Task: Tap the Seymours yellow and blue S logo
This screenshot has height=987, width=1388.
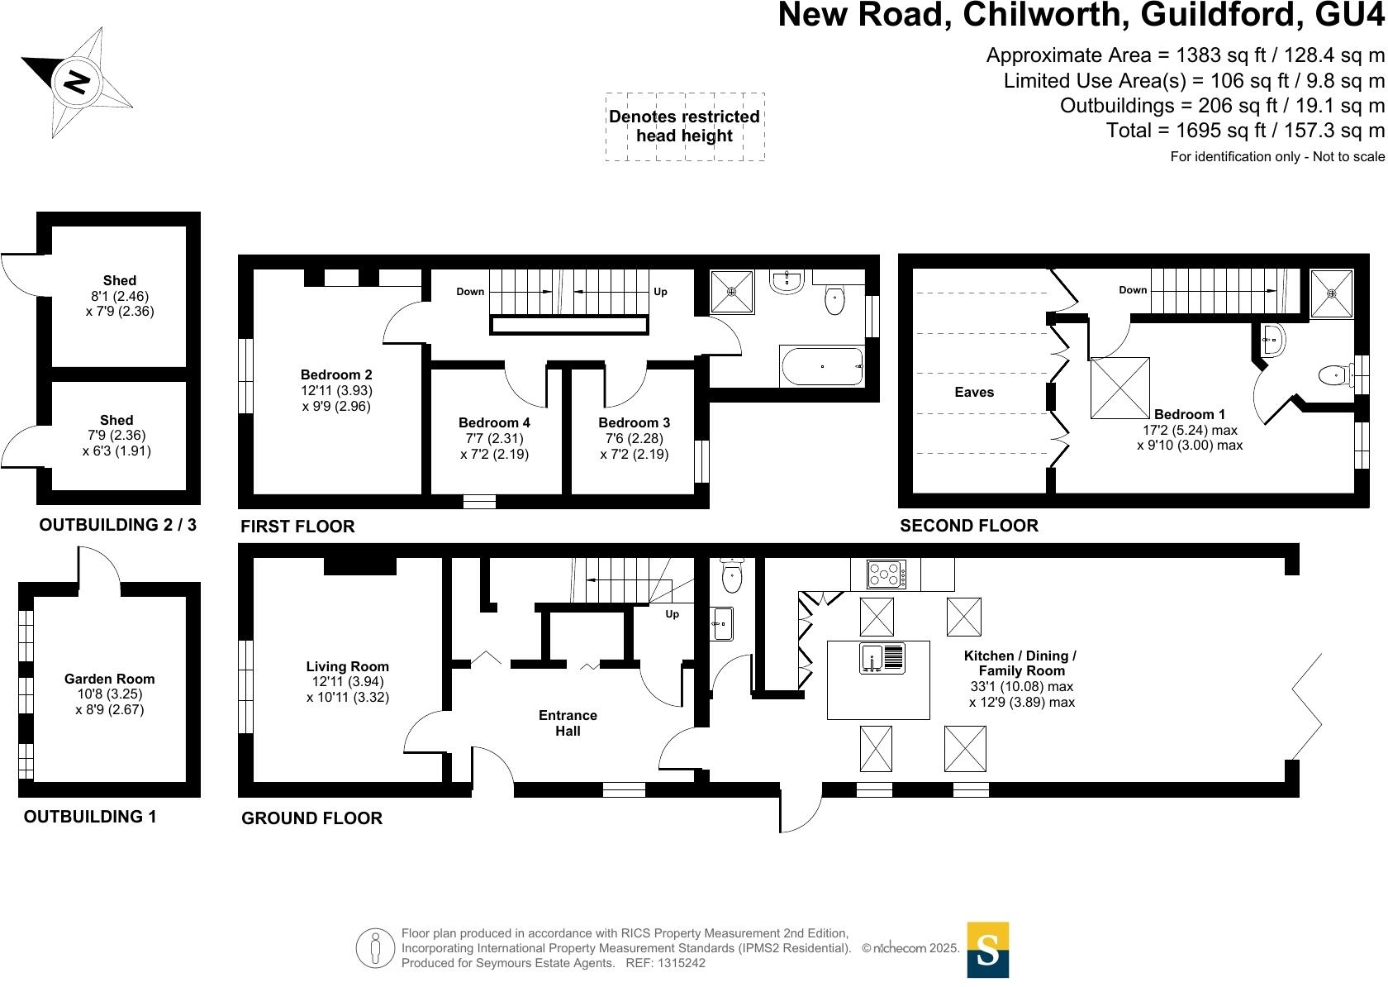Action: coord(987,950)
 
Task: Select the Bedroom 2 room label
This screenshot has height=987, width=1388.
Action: coord(336,374)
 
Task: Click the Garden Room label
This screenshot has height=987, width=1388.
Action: coord(110,679)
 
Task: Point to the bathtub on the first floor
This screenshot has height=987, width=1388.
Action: coord(821,365)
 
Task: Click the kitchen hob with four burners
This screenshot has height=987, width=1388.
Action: coord(886,574)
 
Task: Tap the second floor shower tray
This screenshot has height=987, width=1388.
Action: coord(1332,293)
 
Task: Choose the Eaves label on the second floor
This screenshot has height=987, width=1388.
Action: coord(974,392)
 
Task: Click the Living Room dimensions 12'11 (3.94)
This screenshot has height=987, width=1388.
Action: coord(347,682)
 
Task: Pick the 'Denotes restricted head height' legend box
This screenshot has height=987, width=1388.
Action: coord(685,126)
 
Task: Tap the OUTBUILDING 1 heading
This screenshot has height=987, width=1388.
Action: coord(90,817)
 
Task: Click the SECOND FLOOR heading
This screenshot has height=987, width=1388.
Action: coord(969,525)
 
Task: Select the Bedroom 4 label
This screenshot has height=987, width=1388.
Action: coord(494,422)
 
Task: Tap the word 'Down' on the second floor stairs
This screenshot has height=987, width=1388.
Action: coord(1133,290)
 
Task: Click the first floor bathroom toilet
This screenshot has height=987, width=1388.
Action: coord(834,301)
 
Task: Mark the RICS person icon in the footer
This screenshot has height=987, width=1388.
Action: coord(376,947)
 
